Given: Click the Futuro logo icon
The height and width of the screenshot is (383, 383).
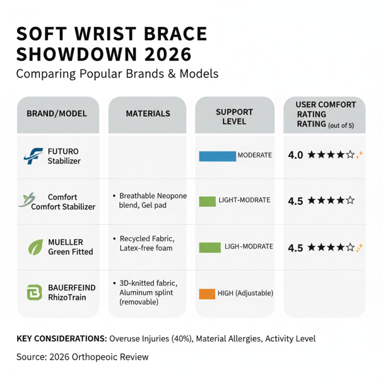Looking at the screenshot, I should pyautogui.click(x=33, y=157).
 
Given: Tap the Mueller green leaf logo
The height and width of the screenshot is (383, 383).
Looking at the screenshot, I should pyautogui.click(x=35, y=247).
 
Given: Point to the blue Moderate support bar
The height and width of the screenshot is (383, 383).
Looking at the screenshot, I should pyautogui.click(x=217, y=156).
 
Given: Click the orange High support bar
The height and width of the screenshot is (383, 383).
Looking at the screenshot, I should pyautogui.click(x=207, y=293).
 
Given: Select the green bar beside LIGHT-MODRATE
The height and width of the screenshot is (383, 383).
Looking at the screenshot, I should pyautogui.click(x=207, y=201).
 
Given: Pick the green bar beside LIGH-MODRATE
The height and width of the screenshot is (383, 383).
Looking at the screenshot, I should pyautogui.click(x=209, y=247).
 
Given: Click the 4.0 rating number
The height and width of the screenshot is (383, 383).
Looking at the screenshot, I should pyautogui.click(x=295, y=155).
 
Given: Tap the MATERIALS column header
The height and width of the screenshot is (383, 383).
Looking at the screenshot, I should pyautogui.click(x=148, y=114).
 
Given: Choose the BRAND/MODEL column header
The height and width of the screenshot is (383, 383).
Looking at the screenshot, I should pyautogui.click(x=56, y=114).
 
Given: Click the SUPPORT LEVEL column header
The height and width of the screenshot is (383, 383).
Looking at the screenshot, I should pyautogui.click(x=235, y=117).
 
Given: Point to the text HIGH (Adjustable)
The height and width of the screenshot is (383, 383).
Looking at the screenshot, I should pyautogui.click(x=245, y=293).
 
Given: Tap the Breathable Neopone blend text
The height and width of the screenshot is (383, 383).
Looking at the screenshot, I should pyautogui.click(x=150, y=201).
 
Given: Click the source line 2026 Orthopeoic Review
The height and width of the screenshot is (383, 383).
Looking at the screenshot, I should pyautogui.click(x=82, y=357).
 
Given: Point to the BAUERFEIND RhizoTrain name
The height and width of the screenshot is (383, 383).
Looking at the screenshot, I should pyautogui.click(x=71, y=292).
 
